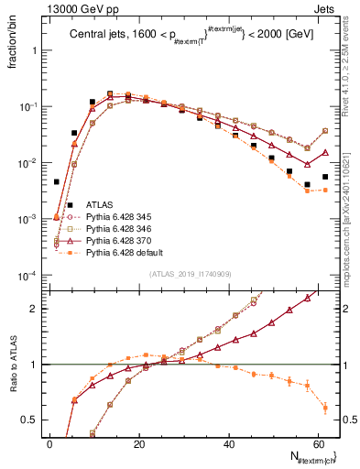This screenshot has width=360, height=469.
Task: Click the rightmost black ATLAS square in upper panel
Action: (325, 177)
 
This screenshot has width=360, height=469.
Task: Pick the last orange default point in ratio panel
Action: (325, 408)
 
